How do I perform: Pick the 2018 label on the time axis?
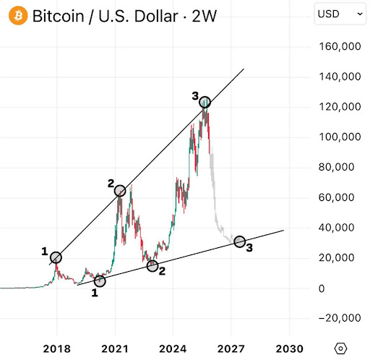(x=58, y=347)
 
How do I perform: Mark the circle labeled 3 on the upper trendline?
(x=205, y=103)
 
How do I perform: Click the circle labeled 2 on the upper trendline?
(x=120, y=191)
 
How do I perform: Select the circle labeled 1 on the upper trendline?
(x=56, y=257)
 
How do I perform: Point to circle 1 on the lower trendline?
(x=100, y=281)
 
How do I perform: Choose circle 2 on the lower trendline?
(x=152, y=266)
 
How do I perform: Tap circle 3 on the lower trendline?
(x=239, y=241)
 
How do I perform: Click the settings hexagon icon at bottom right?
(x=341, y=347)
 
